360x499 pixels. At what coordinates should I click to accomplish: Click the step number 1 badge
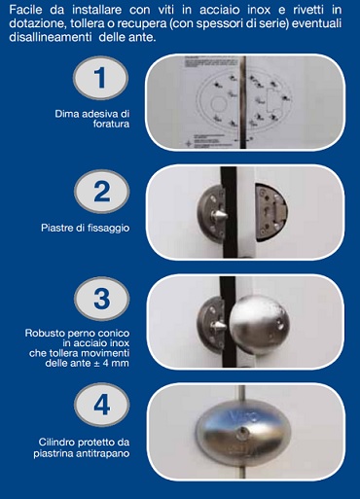point(100,78)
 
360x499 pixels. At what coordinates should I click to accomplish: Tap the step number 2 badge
point(101,192)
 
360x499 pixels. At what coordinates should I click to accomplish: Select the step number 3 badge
point(101,299)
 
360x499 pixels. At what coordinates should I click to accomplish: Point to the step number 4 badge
point(101,405)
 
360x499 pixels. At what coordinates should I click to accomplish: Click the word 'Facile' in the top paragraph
point(25,10)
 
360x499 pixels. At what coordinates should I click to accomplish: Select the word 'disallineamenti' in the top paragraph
point(51,37)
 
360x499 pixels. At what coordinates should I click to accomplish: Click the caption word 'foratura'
point(111,124)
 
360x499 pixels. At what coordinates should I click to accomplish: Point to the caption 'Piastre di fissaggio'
point(86,228)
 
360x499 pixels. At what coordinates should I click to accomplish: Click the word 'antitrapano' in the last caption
point(103,453)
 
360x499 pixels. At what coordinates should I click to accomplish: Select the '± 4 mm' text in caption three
point(111,363)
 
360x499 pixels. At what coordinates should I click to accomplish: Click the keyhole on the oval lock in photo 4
point(242,432)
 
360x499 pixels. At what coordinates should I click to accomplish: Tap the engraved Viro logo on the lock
point(246,415)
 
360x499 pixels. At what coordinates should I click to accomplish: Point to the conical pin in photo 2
point(219,214)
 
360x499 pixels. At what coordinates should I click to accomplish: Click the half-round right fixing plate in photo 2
point(270,212)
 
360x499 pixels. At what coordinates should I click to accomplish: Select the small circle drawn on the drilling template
point(218,104)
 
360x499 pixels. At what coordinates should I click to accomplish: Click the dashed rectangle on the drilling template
point(271,101)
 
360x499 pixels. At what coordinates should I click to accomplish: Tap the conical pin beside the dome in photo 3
point(219,325)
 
